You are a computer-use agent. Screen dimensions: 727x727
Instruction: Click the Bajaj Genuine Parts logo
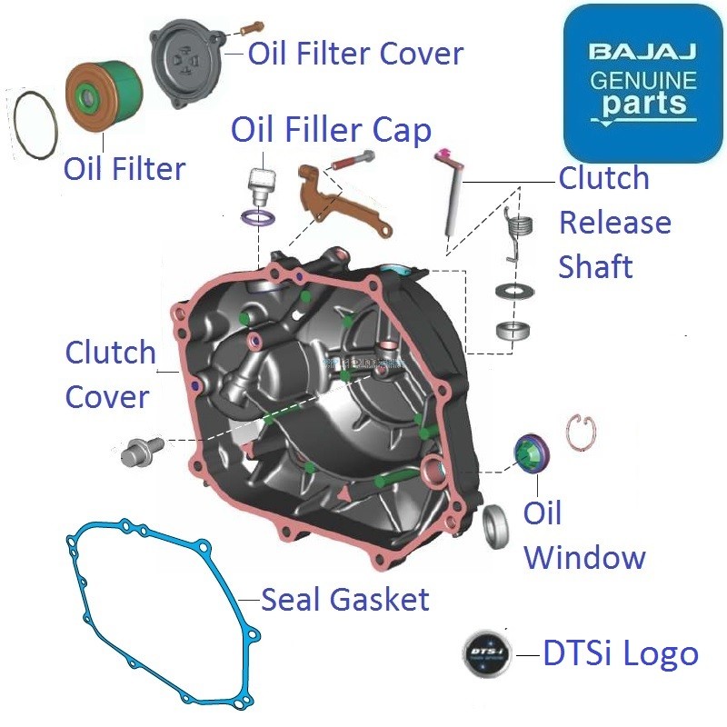[x=642, y=84]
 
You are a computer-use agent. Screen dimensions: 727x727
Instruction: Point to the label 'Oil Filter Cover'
[x=355, y=53]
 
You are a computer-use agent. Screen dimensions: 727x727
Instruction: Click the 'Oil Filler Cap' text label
[x=331, y=130]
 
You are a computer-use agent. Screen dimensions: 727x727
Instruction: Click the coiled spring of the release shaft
[x=517, y=232]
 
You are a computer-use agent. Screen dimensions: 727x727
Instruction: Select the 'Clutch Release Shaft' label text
[x=613, y=223]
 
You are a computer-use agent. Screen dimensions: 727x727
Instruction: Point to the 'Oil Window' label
[x=583, y=535]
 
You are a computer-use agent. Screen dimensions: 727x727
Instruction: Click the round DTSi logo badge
[x=485, y=653]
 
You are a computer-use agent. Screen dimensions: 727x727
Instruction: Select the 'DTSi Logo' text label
[x=621, y=654]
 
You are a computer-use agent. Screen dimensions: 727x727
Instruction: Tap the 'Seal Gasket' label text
[x=344, y=600]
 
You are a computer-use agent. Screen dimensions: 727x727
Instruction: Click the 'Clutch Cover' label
[x=109, y=374]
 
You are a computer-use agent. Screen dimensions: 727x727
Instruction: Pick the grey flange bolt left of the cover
[x=141, y=450]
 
